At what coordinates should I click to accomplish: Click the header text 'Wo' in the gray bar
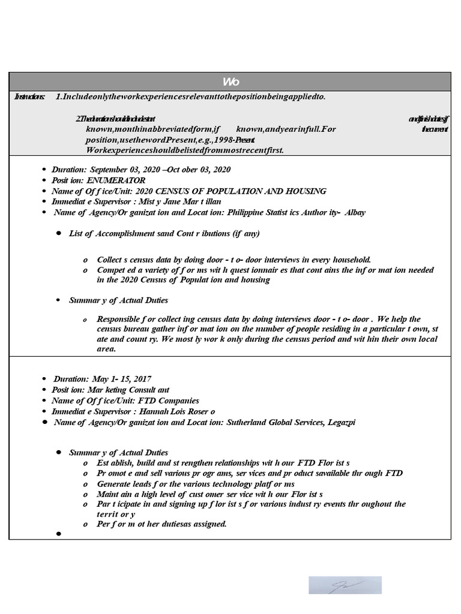pos(230,82)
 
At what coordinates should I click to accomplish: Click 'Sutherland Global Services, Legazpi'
pos(291,422)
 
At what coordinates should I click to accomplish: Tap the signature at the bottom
pos(345,585)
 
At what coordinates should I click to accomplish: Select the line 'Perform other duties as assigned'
pos(161,524)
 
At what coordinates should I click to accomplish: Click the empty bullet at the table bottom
pos(59,534)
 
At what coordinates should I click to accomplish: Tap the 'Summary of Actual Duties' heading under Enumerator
pos(118,300)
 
